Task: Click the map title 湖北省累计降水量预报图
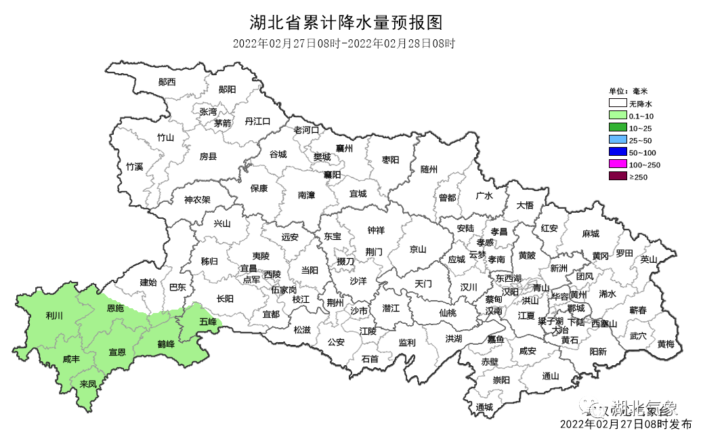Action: tap(345, 23)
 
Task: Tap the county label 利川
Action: tap(54, 316)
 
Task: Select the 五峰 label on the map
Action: tap(208, 322)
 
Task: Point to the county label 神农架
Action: tap(197, 200)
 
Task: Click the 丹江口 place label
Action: tap(257, 121)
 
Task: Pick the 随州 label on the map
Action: tap(429, 169)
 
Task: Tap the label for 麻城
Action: tap(591, 234)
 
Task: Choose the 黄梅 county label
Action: tap(666, 344)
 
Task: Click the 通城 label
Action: tap(484, 407)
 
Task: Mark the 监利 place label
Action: tap(406, 343)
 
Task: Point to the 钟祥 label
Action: tap(376, 230)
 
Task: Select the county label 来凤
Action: tap(88, 384)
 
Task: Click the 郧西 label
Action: tap(167, 82)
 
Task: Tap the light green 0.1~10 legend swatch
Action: tap(616, 116)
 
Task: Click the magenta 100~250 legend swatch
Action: tap(616, 165)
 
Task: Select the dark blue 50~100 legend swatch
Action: tap(616, 152)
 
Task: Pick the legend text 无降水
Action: tap(640, 104)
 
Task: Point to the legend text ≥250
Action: tap(639, 177)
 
